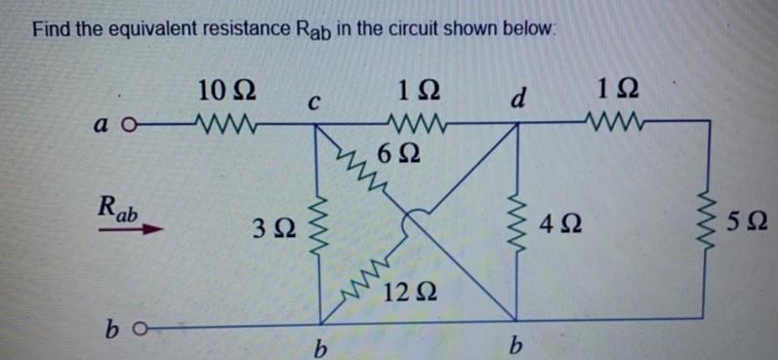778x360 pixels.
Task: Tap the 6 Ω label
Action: coord(397,152)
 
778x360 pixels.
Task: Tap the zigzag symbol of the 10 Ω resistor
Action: coord(225,124)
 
